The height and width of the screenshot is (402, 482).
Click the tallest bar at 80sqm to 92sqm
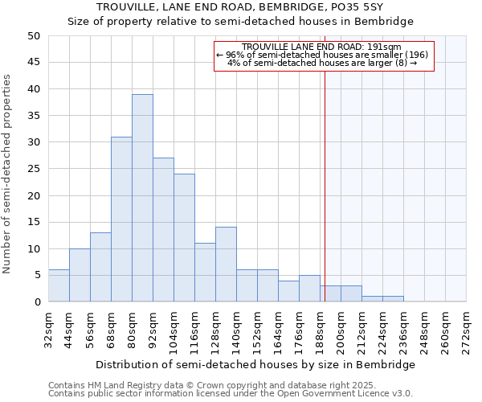[x=142, y=198]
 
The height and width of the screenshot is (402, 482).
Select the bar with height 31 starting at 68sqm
[x=121, y=219]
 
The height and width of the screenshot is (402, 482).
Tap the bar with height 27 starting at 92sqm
[x=163, y=230]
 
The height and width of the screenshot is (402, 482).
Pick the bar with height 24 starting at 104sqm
[x=184, y=238]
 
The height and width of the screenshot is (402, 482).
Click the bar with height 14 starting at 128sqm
[x=226, y=265]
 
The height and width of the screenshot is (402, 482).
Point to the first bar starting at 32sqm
[x=59, y=285]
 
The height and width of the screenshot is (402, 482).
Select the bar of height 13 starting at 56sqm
[x=100, y=267]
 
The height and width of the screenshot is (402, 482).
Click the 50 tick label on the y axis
[x=33, y=36]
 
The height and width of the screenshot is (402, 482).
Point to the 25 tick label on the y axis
[x=33, y=169]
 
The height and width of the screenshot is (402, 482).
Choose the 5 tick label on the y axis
[x=37, y=276]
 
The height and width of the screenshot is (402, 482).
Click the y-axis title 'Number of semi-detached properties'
[x=8, y=174]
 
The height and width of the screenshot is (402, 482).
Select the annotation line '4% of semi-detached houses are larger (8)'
[x=322, y=63]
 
